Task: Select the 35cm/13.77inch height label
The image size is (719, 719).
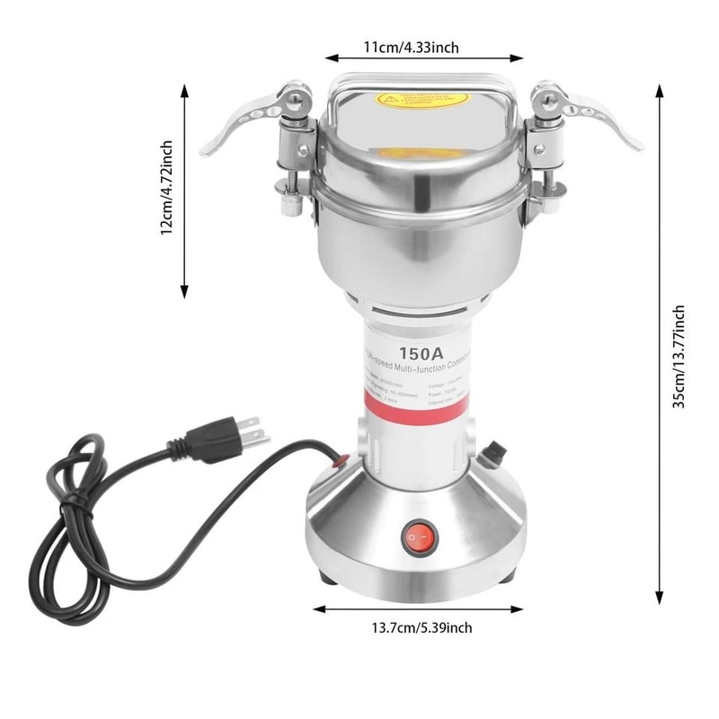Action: (x=679, y=356)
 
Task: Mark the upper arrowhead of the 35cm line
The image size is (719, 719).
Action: (x=659, y=88)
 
